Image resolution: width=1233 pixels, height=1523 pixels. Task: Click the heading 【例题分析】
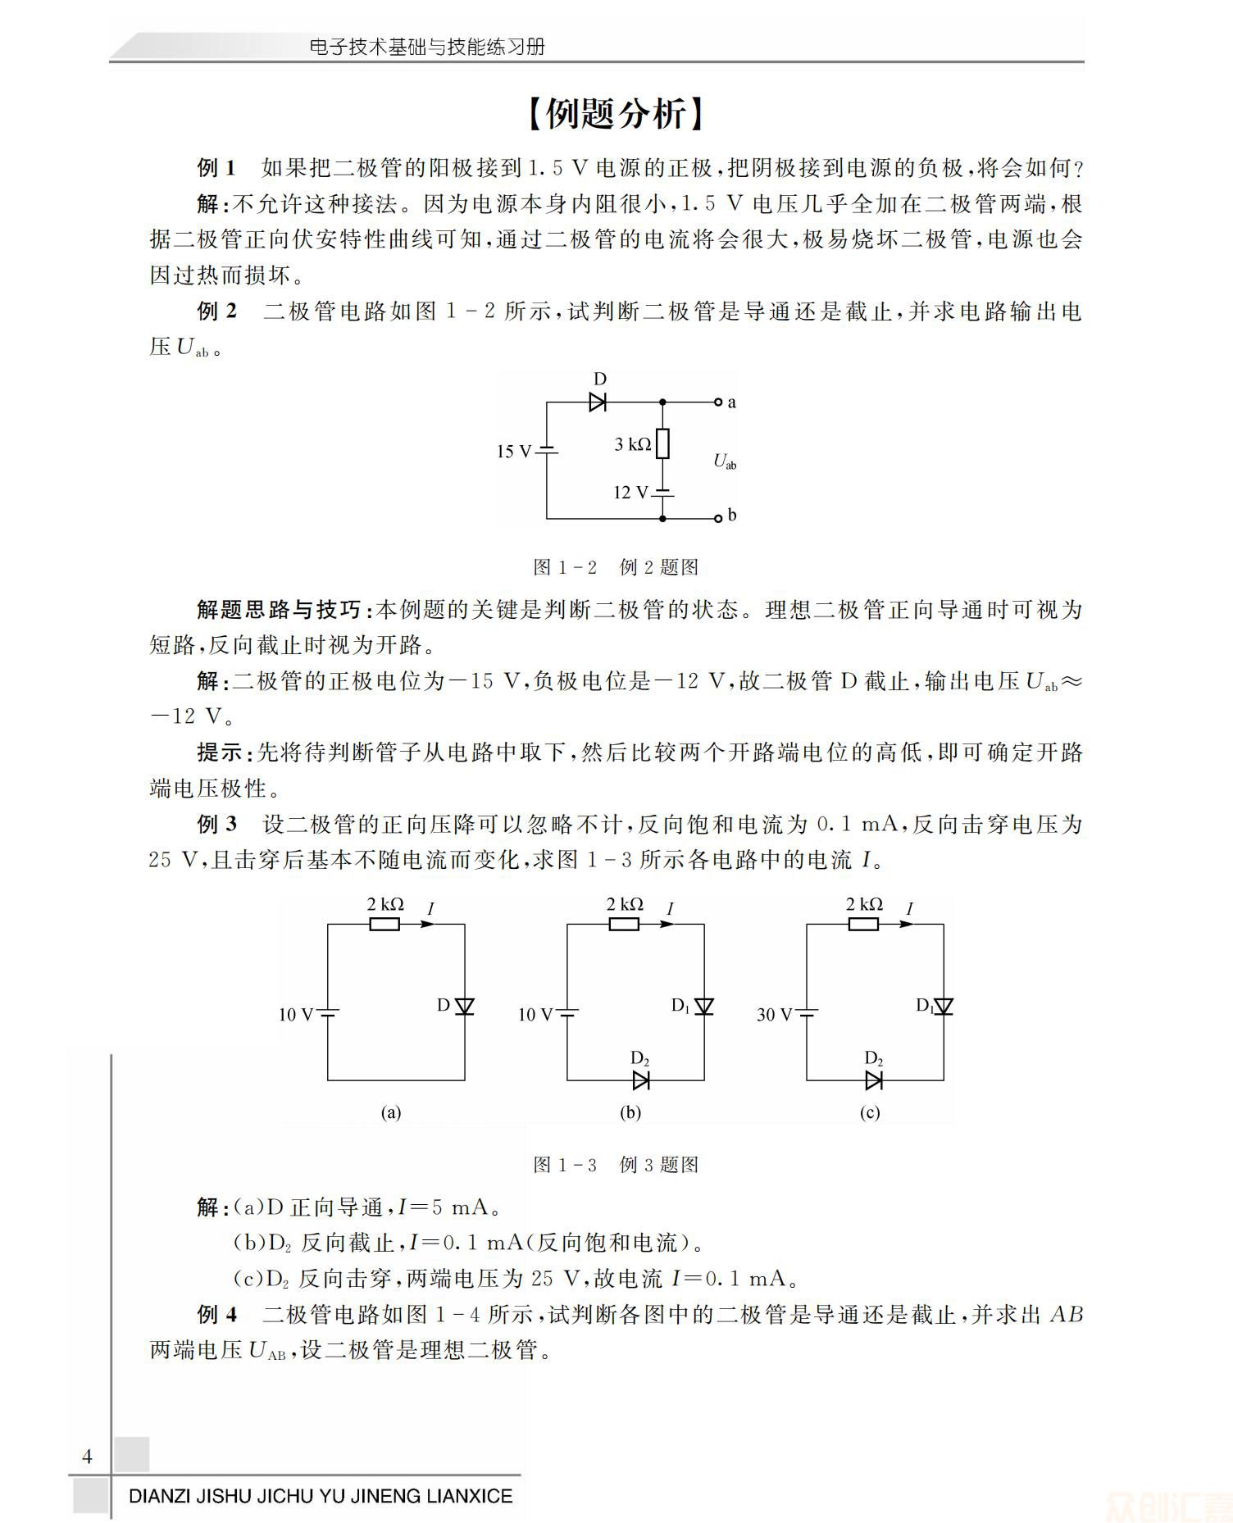click(x=616, y=114)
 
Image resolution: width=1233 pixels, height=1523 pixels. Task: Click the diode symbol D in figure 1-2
click(x=598, y=402)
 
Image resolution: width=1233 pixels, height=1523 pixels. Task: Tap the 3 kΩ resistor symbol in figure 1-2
click(x=663, y=444)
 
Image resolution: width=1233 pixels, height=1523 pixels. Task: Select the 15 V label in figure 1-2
click(x=514, y=452)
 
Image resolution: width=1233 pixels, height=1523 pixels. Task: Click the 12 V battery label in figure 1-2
click(x=631, y=493)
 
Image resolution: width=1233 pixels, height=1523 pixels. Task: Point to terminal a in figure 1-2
click(x=718, y=402)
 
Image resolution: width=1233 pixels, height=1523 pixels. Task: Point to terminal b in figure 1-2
click(x=718, y=517)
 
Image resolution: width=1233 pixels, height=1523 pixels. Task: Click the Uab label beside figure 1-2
click(x=725, y=461)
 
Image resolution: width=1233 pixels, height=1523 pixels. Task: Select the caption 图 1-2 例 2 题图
click(x=616, y=566)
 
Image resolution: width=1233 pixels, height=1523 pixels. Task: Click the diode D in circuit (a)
click(x=465, y=1006)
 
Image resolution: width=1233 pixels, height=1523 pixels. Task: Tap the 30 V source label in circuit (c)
click(x=775, y=1015)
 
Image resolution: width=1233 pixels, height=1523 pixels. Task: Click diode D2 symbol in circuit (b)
click(x=641, y=1080)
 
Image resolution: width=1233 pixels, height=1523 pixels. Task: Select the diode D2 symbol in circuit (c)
click(x=874, y=1080)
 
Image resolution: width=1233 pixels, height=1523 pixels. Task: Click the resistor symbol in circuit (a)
click(x=384, y=924)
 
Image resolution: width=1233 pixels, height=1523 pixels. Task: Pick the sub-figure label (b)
click(x=630, y=1112)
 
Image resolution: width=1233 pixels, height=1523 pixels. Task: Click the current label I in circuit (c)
click(x=909, y=908)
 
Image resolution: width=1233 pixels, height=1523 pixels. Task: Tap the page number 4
click(x=87, y=1456)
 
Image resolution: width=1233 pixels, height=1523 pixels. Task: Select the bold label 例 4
click(x=217, y=1314)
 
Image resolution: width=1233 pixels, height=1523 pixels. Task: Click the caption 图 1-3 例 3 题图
click(x=616, y=1164)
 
